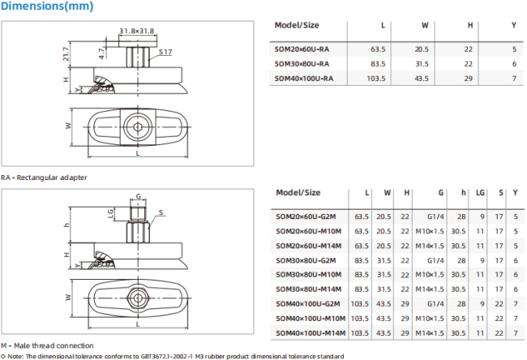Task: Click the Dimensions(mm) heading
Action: [47, 6]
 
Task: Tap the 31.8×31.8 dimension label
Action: [137, 31]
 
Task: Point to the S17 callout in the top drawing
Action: [165, 52]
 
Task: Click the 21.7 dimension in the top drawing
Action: [66, 54]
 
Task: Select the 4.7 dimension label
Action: [102, 54]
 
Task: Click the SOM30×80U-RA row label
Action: [302, 64]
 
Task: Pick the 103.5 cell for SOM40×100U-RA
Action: [376, 79]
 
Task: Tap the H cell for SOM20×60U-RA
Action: [469, 49]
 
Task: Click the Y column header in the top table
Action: [514, 25]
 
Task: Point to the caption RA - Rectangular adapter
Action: [44, 178]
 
